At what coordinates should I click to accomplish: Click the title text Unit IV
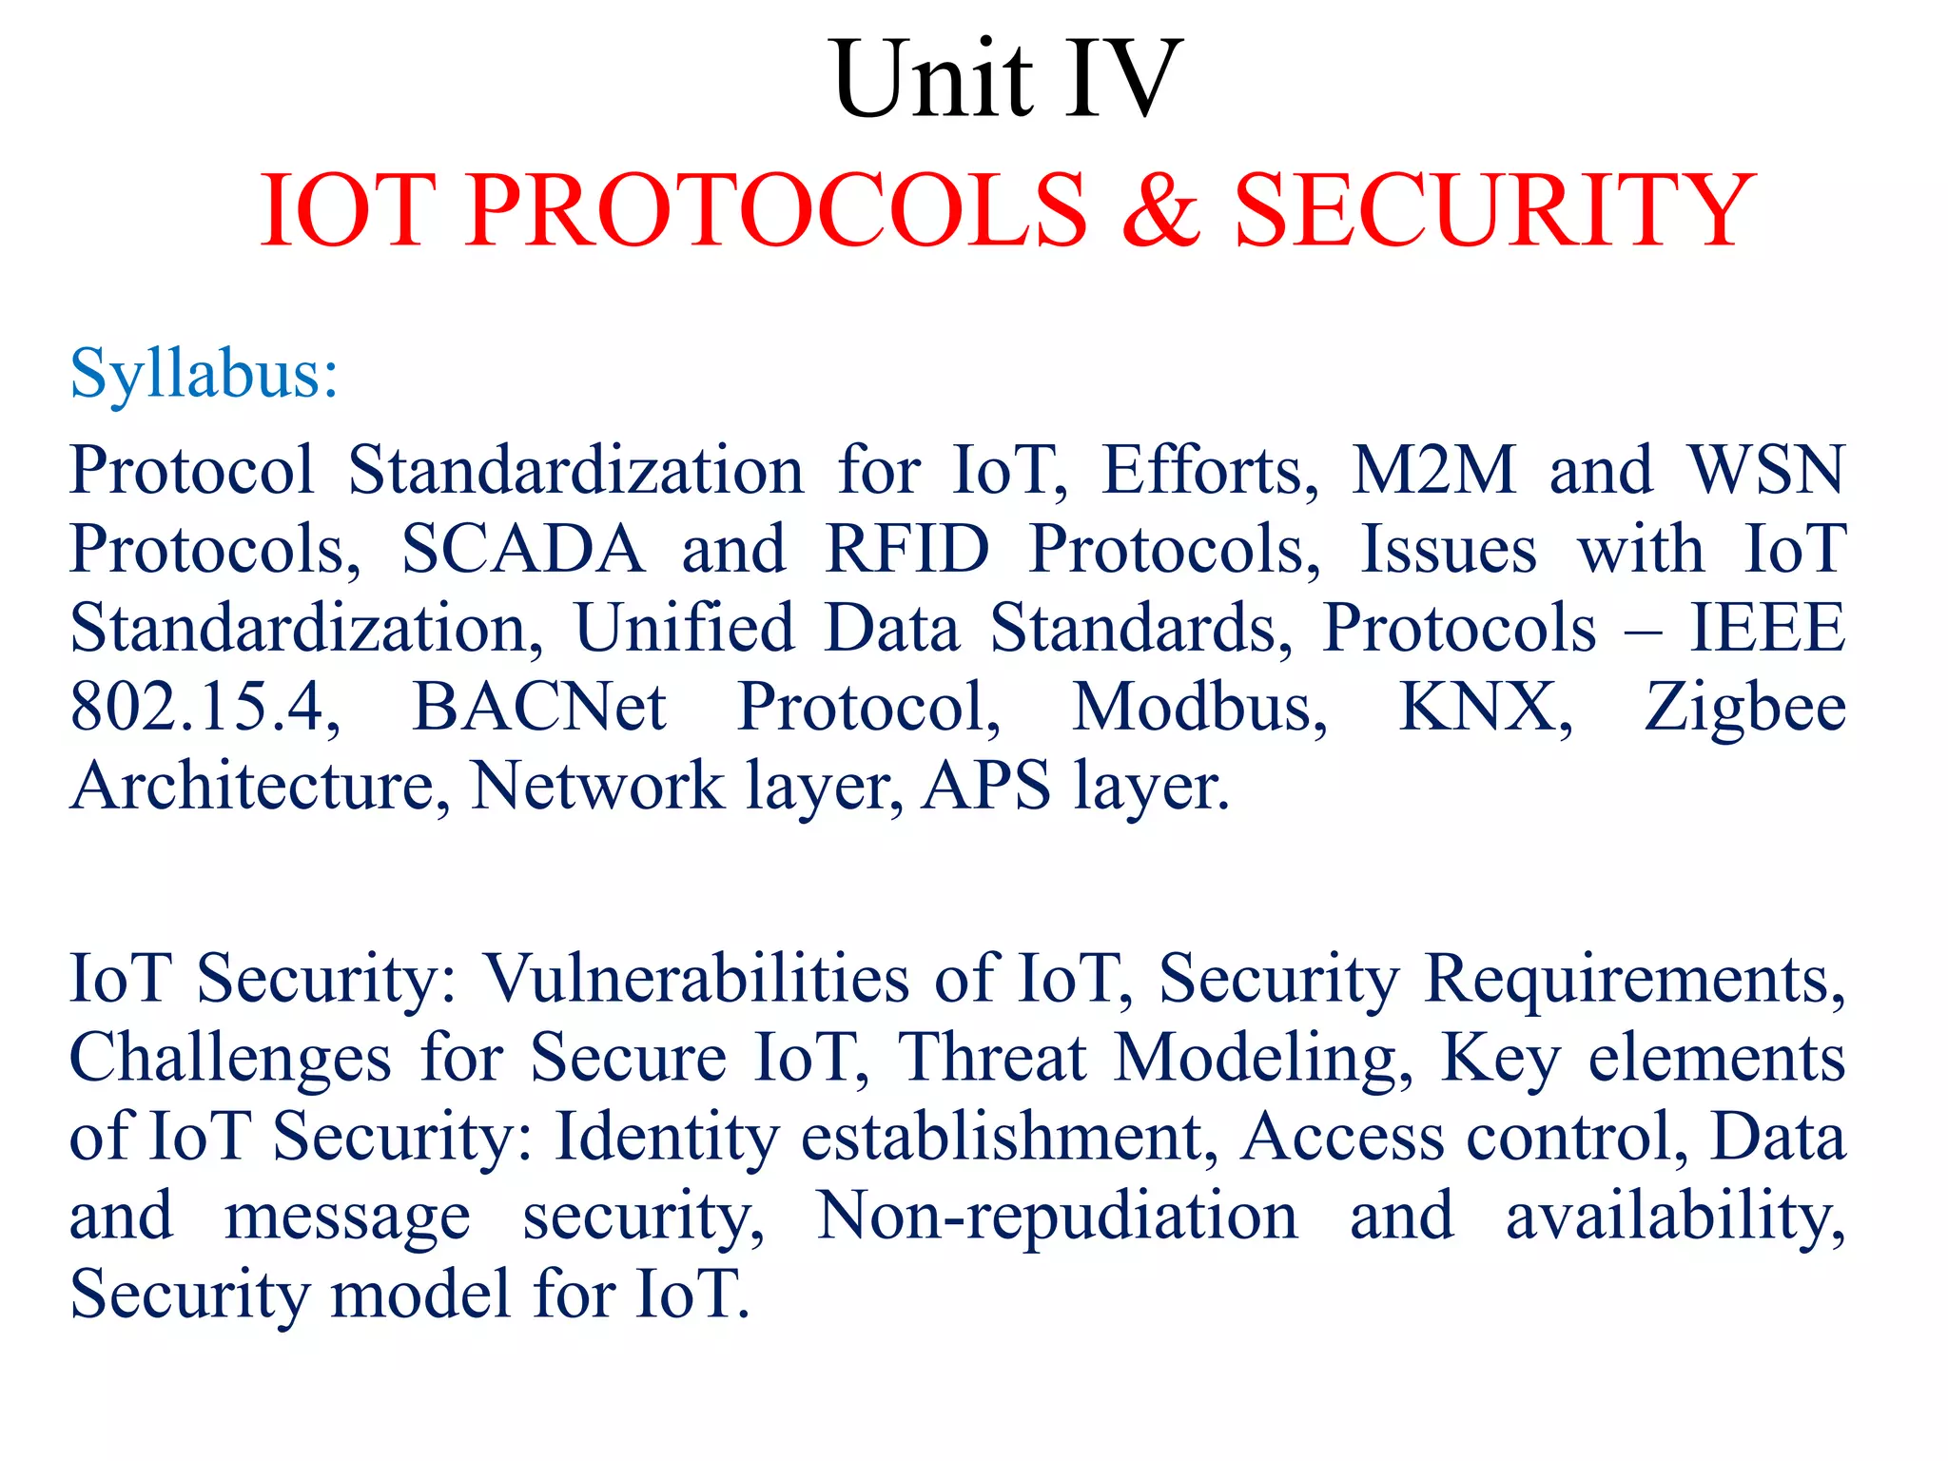(1007, 80)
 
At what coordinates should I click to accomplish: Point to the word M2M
(1433, 470)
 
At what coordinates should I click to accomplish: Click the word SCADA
(523, 549)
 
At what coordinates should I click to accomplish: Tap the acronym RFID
(907, 549)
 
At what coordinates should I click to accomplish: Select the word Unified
(684, 628)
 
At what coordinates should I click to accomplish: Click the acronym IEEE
(1766, 628)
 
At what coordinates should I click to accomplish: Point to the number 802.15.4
(204, 708)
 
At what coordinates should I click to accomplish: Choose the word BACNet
(539, 708)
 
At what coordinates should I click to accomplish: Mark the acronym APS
(986, 787)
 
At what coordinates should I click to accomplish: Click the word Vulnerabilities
(696, 979)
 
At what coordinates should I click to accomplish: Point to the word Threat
(992, 1058)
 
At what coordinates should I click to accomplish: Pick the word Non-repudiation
(1057, 1217)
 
